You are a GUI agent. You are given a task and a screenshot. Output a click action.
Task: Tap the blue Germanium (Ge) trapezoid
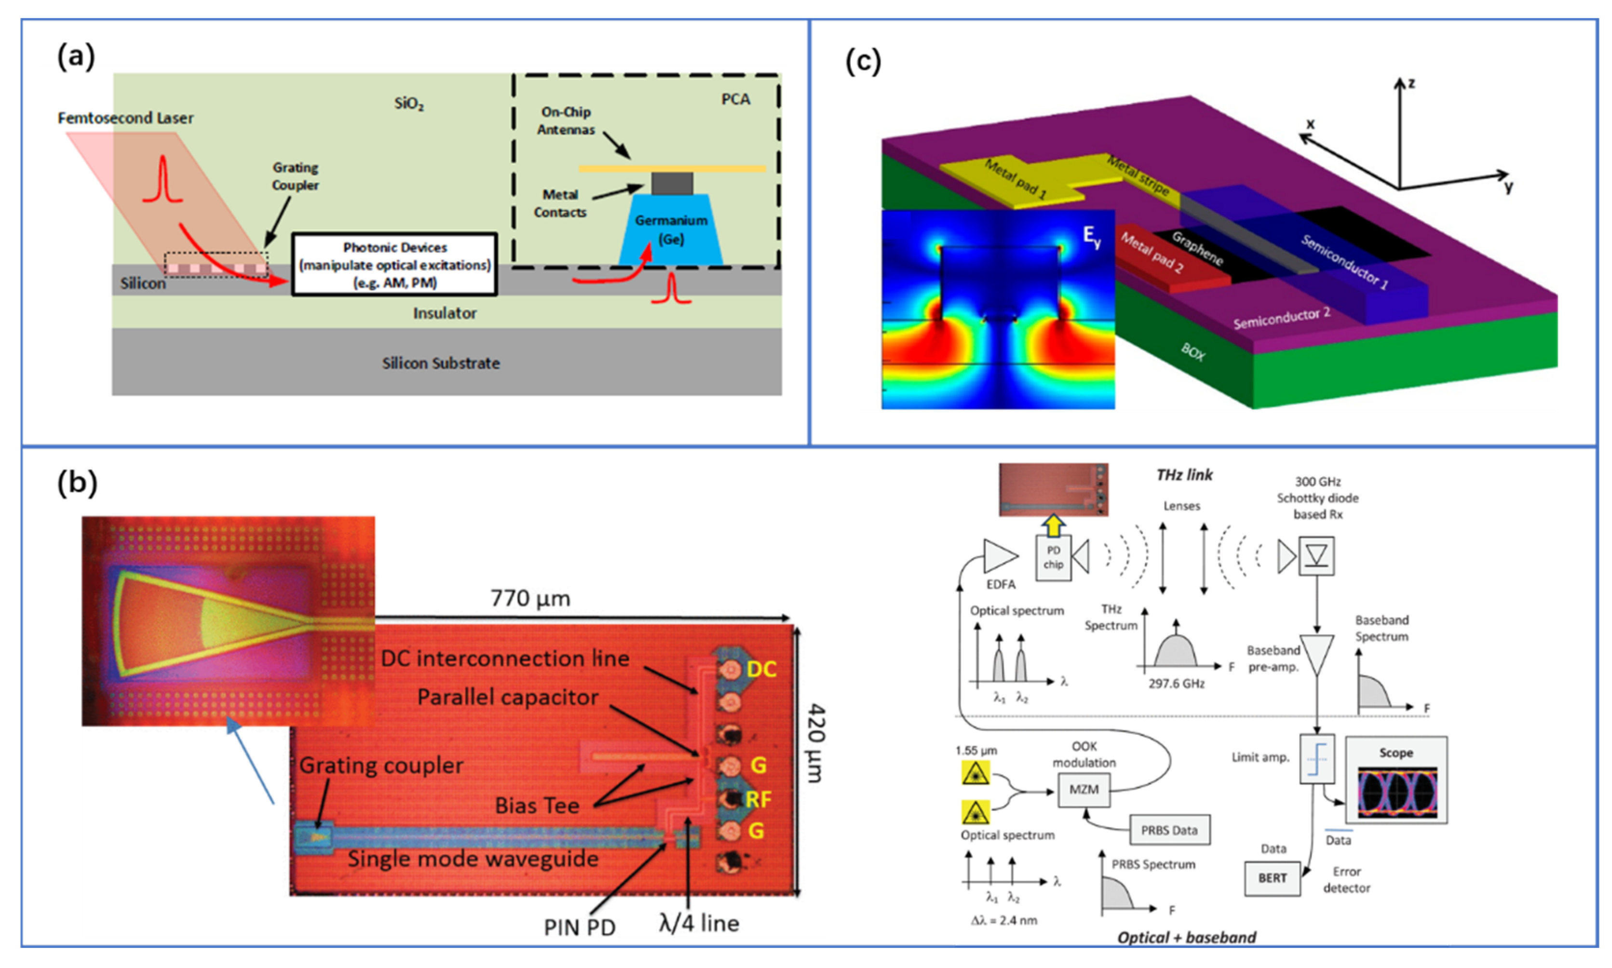click(671, 231)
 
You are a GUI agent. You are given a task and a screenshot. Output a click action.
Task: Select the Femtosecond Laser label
click(125, 118)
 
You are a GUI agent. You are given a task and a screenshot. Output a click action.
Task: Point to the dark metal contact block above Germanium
click(671, 183)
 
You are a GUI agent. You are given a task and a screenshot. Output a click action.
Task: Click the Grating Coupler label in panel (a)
click(295, 176)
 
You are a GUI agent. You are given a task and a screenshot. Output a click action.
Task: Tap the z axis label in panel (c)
click(1410, 83)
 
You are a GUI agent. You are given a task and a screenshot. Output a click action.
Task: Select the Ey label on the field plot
click(1091, 236)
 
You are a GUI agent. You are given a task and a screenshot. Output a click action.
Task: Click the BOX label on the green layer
click(1192, 352)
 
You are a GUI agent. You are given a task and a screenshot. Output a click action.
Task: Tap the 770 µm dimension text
click(530, 598)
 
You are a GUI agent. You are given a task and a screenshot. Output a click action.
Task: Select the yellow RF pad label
click(758, 799)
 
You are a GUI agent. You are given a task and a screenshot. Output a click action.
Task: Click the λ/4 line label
click(699, 923)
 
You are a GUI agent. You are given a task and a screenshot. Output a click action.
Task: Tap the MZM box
click(1083, 789)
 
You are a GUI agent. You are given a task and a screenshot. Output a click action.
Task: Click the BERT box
click(1272, 878)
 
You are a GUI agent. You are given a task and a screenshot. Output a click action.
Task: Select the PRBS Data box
click(1168, 830)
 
